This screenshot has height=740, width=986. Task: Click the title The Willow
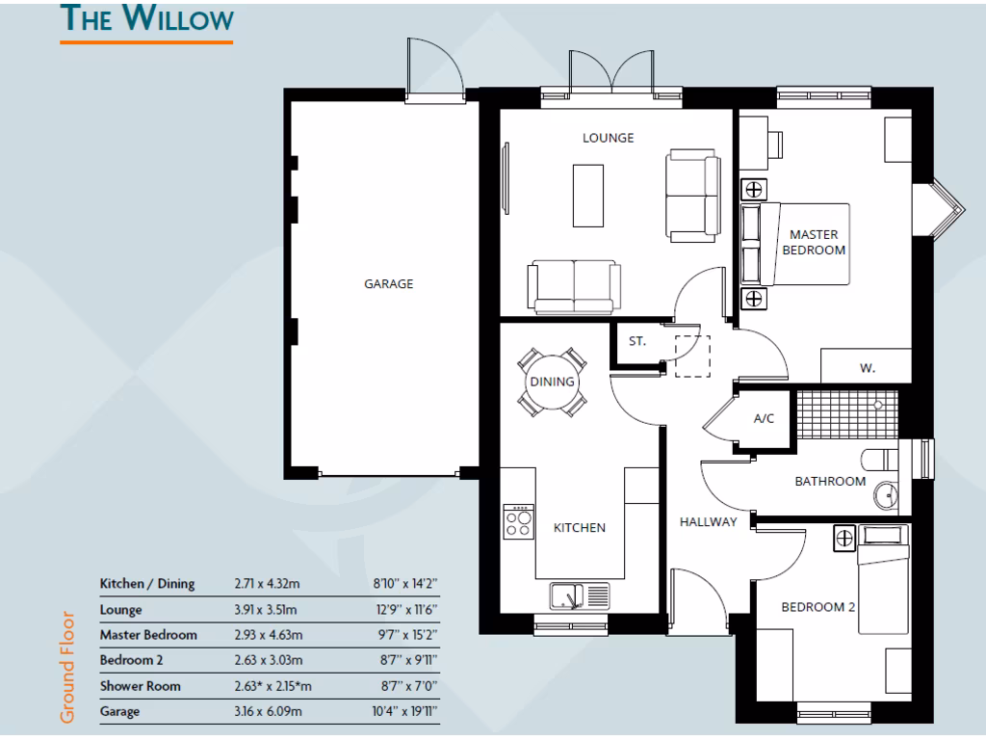145,19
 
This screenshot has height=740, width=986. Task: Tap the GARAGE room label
388,284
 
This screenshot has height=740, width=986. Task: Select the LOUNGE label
608,138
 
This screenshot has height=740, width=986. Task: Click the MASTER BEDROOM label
814,242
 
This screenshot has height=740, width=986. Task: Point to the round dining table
552,382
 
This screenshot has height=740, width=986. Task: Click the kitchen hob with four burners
519,521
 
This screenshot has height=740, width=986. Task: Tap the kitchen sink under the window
569,596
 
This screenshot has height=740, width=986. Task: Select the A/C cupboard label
764,419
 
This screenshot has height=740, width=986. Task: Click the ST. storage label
637,341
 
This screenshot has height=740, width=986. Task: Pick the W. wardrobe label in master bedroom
867,368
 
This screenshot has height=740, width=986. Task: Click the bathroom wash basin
887,495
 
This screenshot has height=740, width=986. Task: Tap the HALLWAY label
708,522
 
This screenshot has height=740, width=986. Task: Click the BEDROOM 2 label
817,607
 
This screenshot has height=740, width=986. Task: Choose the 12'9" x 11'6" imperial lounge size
403,609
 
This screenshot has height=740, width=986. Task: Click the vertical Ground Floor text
67,666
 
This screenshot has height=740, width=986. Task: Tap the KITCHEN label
579,527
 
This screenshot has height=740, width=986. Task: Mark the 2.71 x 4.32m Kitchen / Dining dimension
269,583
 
